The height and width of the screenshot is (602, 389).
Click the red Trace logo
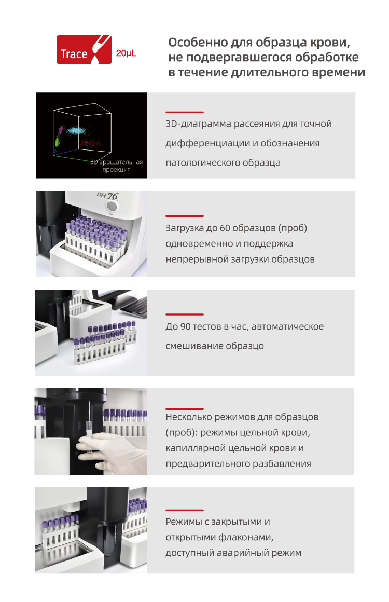pos(84,49)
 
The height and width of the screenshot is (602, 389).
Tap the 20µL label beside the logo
pos(126,53)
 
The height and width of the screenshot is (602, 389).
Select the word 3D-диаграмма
pos(198,124)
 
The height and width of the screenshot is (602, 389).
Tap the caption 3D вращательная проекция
pos(117,166)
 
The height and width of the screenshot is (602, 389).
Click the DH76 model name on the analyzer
pos(107,196)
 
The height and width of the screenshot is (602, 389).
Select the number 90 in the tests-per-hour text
pos(186,326)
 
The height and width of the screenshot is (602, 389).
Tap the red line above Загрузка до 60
pos(185,216)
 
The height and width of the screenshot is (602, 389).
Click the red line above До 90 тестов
pos(185,314)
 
